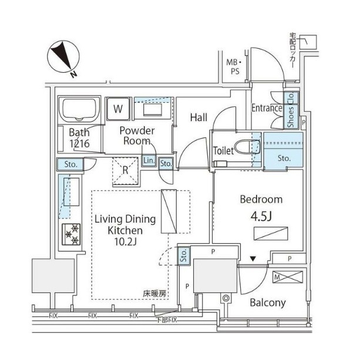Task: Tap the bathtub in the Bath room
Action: click(79, 110)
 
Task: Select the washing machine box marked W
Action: click(119, 109)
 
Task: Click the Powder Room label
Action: click(137, 136)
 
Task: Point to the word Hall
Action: click(198, 117)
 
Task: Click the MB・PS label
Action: click(233, 66)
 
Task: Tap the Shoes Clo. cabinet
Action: click(290, 110)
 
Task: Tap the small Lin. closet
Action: click(148, 161)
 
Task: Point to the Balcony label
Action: click(267, 303)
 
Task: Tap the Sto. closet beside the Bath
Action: click(65, 164)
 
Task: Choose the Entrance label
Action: click(267, 108)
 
